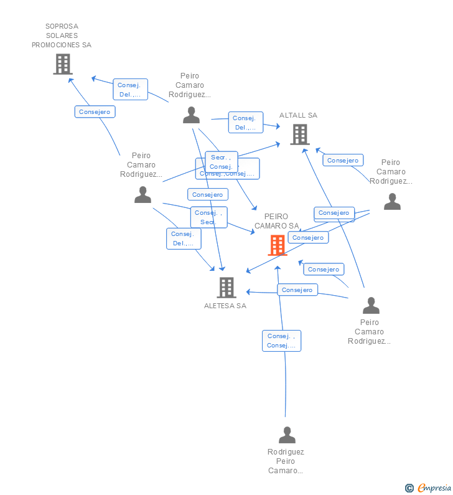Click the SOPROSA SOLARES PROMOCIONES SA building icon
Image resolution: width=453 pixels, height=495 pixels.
click(x=62, y=64)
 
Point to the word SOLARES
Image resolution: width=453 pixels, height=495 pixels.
click(x=62, y=35)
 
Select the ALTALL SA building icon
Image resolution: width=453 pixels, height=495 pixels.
click(x=299, y=134)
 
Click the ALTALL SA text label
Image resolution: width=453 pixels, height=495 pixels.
click(x=298, y=115)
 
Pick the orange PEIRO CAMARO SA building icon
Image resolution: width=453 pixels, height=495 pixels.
click(x=277, y=245)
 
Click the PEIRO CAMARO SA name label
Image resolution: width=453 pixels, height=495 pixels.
click(x=276, y=221)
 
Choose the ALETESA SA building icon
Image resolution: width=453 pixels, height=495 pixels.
click(x=226, y=287)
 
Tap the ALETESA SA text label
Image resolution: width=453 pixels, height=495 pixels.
click(x=225, y=306)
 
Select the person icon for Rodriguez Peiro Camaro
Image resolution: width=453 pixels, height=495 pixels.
click(x=287, y=435)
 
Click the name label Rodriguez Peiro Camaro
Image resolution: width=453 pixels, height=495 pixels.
click(x=286, y=461)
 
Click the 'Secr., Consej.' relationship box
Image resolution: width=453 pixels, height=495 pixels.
click(x=221, y=162)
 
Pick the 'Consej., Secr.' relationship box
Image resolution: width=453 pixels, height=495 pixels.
click(x=208, y=217)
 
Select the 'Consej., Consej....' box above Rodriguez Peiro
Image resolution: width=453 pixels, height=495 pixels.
click(x=281, y=341)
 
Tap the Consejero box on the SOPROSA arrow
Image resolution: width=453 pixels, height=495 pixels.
click(x=95, y=112)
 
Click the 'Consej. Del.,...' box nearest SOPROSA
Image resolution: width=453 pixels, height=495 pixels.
click(x=131, y=90)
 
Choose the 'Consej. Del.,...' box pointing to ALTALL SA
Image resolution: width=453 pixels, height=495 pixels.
click(x=246, y=123)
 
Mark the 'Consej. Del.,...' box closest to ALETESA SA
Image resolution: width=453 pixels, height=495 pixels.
click(x=184, y=238)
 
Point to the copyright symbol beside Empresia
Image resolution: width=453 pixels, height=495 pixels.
click(x=409, y=488)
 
